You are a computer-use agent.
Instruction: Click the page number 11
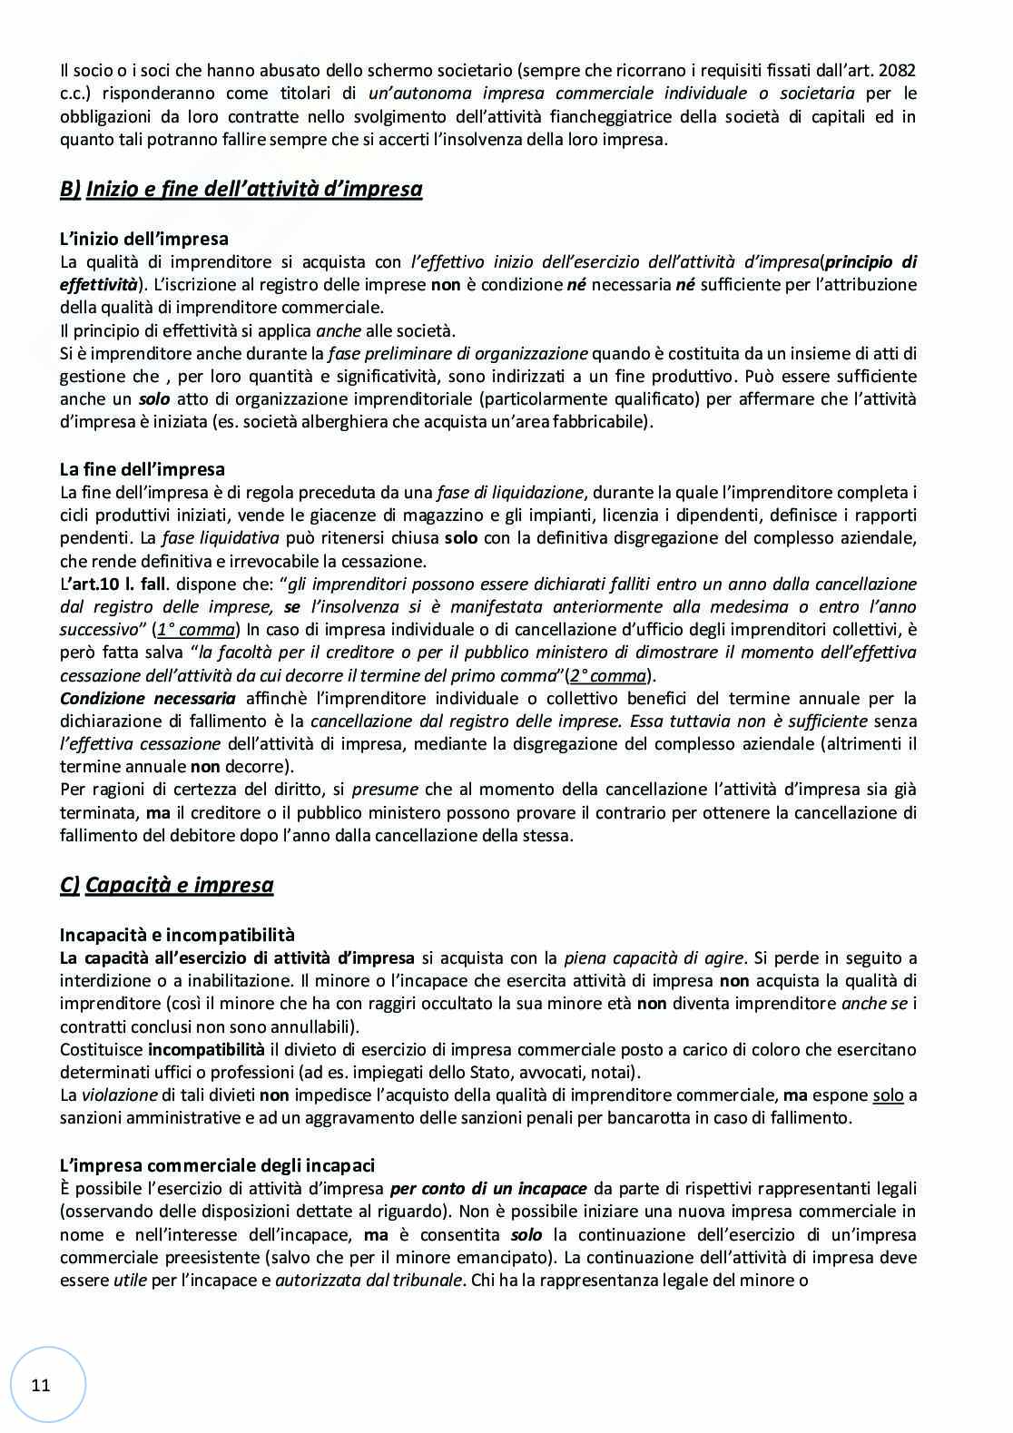[41, 1385]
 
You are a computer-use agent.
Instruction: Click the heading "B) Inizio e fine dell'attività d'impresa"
[241, 189]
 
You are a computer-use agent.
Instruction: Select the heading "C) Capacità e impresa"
[166, 885]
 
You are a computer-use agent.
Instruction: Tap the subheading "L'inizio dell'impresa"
[143, 239]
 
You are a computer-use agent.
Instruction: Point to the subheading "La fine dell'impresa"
[142, 469]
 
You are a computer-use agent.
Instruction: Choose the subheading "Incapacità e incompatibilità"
[177, 934]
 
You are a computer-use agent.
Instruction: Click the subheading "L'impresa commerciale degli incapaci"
[217, 1165]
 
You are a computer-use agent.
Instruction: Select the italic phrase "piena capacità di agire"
[654, 957]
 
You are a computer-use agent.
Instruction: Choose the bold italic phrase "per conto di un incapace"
[488, 1188]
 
